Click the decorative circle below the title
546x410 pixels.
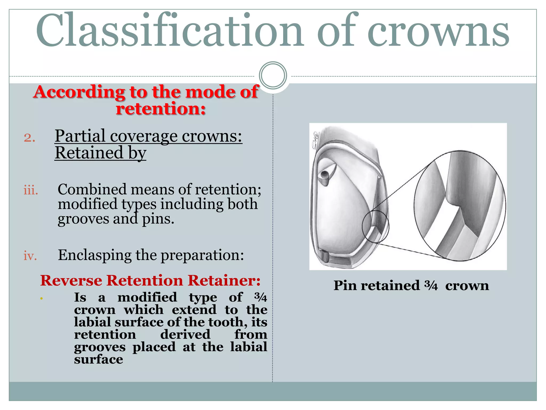click(273, 76)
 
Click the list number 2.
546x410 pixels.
click(29, 138)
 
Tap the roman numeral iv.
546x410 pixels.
click(30, 256)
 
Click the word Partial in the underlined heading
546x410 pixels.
click(80, 136)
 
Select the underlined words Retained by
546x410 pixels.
click(100, 153)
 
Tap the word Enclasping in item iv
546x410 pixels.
click(95, 255)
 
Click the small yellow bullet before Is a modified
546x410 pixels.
click(41, 298)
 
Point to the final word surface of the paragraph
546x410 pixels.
click(98, 359)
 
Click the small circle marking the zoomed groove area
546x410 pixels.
click(375, 226)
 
